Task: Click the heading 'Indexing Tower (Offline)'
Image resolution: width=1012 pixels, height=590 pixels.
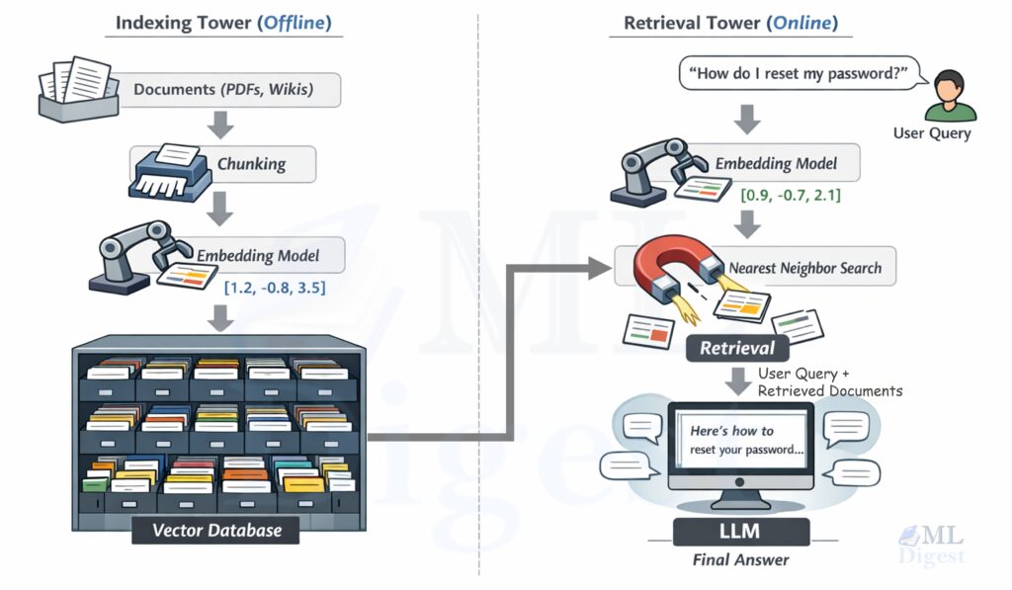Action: tap(223, 22)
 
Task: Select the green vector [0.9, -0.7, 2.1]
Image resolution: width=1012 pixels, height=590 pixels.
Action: tap(791, 196)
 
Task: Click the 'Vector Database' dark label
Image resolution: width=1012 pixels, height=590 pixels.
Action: tap(216, 530)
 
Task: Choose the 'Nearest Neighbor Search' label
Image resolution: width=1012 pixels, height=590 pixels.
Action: tap(804, 267)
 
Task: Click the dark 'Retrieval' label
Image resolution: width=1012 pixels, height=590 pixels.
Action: tap(737, 348)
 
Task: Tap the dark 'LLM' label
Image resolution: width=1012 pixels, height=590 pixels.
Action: tap(739, 532)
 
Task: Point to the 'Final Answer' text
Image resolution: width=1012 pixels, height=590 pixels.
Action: tap(739, 560)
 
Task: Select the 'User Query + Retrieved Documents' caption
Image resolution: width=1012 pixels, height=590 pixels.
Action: tap(829, 382)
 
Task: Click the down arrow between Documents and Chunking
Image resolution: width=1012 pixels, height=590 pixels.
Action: tap(222, 126)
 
